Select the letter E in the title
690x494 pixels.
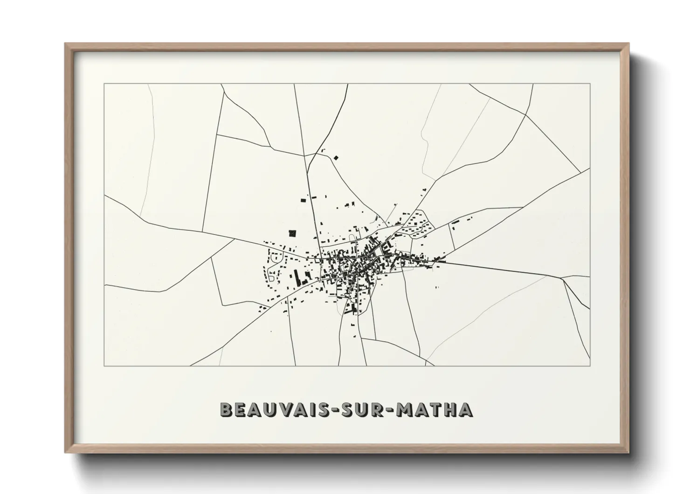pyautogui.click(x=242, y=409)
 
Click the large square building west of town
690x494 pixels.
pyautogui.click(x=293, y=233)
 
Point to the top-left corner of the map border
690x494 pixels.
pyautogui.click(x=104, y=84)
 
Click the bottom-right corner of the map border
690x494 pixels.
pyautogui.click(x=590, y=366)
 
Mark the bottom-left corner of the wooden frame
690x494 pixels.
pyautogui.click(x=65, y=452)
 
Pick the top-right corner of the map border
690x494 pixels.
pyautogui.click(x=590, y=84)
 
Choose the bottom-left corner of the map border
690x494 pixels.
pyautogui.click(x=104, y=366)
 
